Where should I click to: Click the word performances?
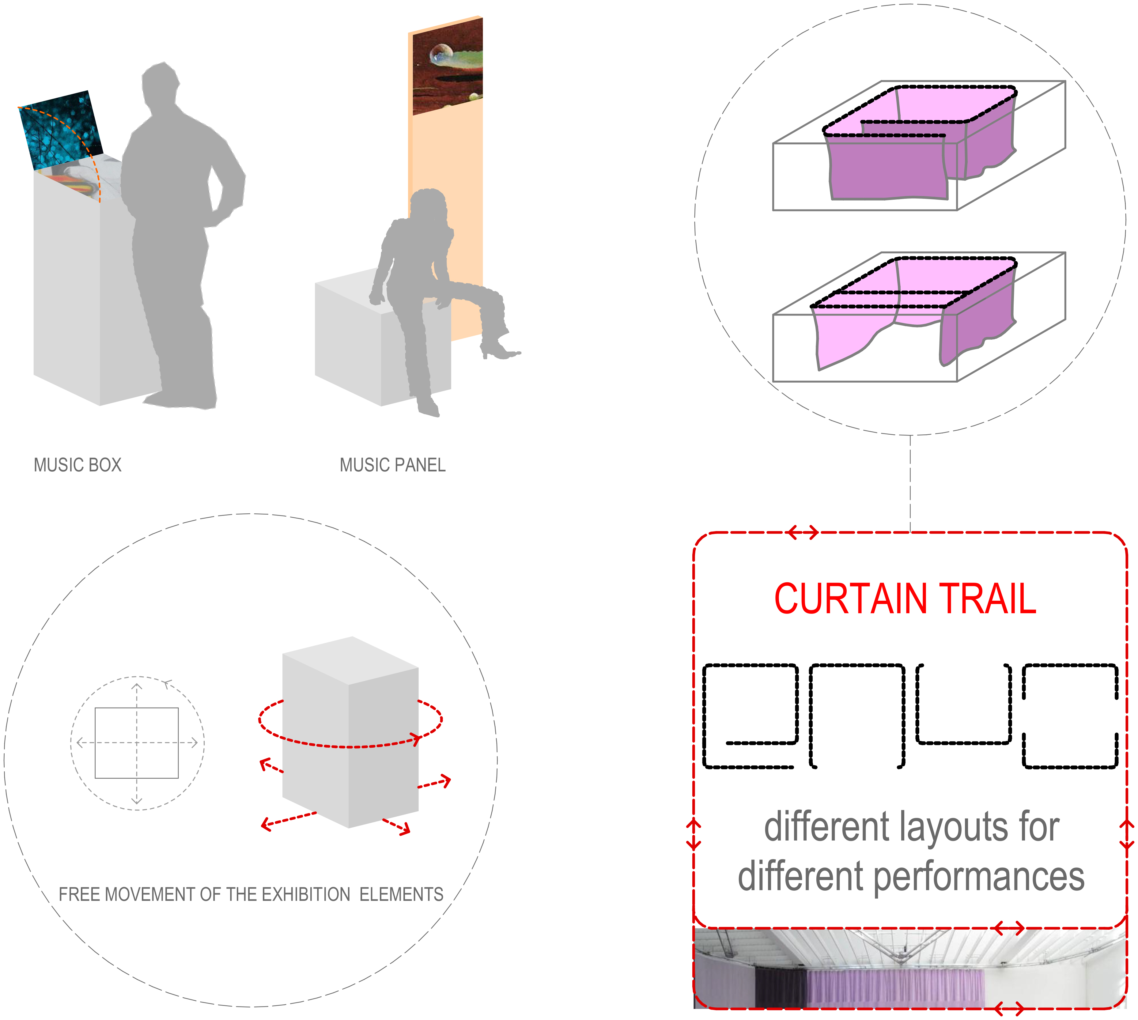pyautogui.click(x=978, y=877)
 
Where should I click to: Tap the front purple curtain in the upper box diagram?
pyautogui.click(x=886, y=168)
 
